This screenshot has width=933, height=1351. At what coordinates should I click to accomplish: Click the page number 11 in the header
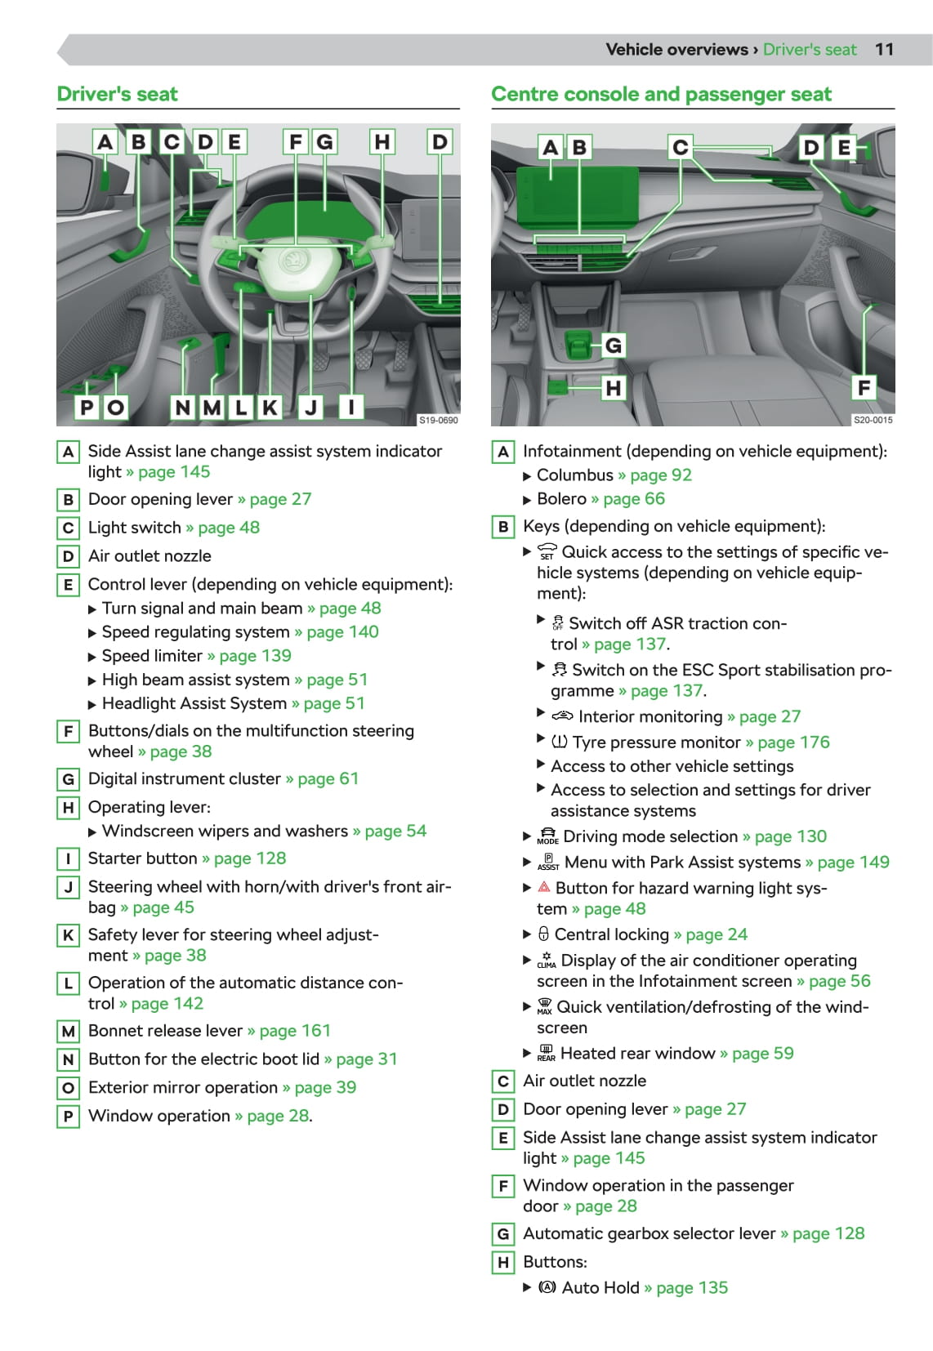tap(884, 49)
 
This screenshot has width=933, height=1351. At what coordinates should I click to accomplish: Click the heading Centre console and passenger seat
tap(661, 94)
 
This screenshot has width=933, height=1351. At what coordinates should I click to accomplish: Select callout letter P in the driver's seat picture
tap(87, 406)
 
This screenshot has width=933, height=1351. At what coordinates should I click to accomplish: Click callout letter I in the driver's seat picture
tap(351, 406)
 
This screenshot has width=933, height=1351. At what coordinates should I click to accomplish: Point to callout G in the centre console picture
tap(613, 346)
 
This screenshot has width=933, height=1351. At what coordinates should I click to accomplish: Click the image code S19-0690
tap(438, 420)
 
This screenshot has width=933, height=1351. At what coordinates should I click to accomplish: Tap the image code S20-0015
tap(873, 420)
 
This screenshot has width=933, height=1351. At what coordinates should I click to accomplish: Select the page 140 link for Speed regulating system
tap(342, 631)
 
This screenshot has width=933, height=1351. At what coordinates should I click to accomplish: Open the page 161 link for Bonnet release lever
tap(295, 1030)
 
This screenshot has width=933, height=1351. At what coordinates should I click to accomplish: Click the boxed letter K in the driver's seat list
tap(69, 935)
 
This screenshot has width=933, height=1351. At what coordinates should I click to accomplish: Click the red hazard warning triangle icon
tap(544, 887)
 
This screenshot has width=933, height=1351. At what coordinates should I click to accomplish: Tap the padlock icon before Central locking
tap(543, 934)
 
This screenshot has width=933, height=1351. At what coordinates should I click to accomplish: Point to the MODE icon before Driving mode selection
tap(547, 836)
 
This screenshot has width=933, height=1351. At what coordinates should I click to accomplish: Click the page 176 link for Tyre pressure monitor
tap(793, 742)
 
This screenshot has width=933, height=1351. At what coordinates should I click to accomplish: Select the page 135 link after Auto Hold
tap(691, 1287)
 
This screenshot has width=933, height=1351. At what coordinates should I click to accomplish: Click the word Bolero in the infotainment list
tap(561, 498)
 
